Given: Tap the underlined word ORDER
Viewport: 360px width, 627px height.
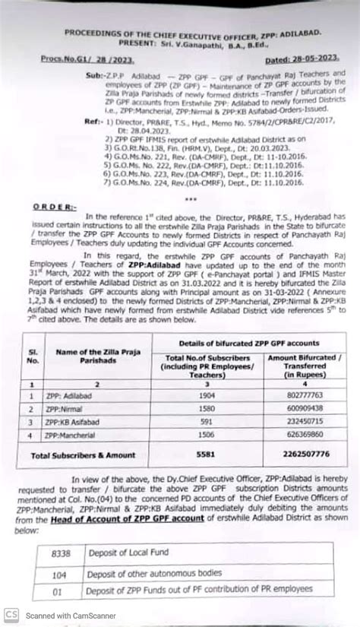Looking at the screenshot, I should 54,206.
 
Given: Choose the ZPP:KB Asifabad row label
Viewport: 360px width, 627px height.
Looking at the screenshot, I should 75,421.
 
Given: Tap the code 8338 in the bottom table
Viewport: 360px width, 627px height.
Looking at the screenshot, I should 60,556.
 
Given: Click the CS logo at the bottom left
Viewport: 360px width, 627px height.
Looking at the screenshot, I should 11,614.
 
